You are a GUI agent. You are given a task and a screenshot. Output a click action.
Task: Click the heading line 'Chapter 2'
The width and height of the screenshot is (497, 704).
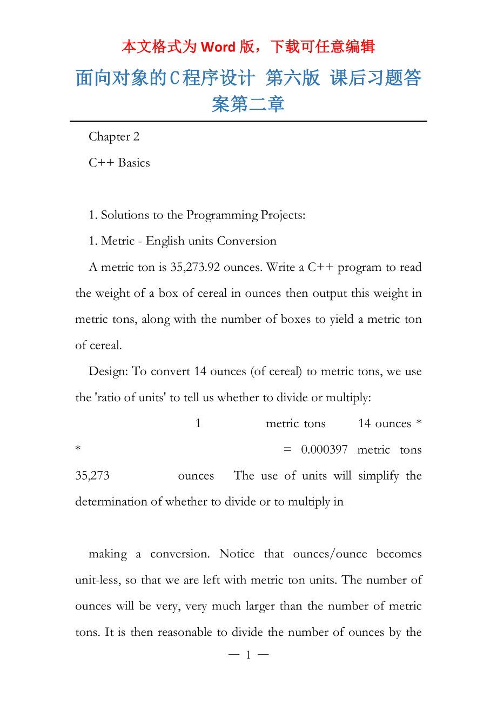[x=114, y=137]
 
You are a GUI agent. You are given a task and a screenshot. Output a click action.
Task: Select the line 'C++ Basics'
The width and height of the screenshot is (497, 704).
[x=119, y=163]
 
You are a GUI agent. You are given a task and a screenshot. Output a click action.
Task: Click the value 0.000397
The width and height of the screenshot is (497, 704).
[x=324, y=450]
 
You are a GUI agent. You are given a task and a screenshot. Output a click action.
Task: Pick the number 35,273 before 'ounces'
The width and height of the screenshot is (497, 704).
[x=92, y=476]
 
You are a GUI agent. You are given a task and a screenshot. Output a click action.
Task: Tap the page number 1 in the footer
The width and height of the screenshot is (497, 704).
[x=249, y=655]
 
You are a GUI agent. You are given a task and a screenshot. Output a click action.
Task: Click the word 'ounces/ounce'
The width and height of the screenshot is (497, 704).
[x=330, y=554]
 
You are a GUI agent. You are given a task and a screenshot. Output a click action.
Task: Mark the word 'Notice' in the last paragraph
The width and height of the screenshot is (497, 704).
[x=237, y=554]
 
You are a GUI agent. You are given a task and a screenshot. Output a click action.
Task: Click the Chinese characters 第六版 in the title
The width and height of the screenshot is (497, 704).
[x=293, y=78]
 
